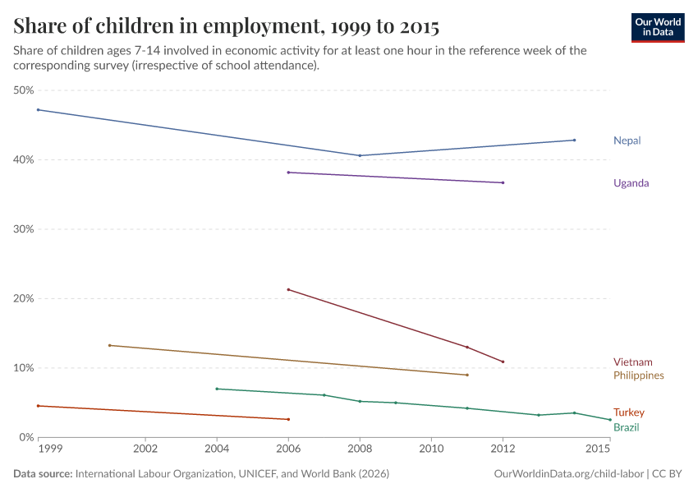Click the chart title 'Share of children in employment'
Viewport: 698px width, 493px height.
(x=226, y=26)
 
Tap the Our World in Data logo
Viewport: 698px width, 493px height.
(x=658, y=27)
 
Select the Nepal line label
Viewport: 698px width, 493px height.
(x=627, y=141)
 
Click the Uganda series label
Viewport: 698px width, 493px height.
(x=631, y=183)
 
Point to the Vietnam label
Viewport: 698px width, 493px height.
(x=632, y=362)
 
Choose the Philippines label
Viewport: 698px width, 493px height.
(x=638, y=376)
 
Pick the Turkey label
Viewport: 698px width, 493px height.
(x=628, y=412)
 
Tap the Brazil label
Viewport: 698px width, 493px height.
(x=626, y=427)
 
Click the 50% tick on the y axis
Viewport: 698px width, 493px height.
(x=23, y=90)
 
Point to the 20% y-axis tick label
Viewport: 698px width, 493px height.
(x=23, y=298)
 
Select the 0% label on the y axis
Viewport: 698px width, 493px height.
(x=25, y=437)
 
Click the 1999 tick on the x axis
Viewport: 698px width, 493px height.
(x=50, y=449)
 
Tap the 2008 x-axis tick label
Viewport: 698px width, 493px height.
(x=360, y=449)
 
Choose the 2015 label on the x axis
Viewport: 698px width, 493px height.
(x=598, y=449)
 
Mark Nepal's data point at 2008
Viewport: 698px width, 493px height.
(x=360, y=155)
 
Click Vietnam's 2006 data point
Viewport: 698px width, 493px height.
(x=288, y=289)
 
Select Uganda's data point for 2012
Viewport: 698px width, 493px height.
(x=503, y=182)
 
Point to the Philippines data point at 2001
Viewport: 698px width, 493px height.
(x=109, y=345)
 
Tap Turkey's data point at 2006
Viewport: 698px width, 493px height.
(x=288, y=419)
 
